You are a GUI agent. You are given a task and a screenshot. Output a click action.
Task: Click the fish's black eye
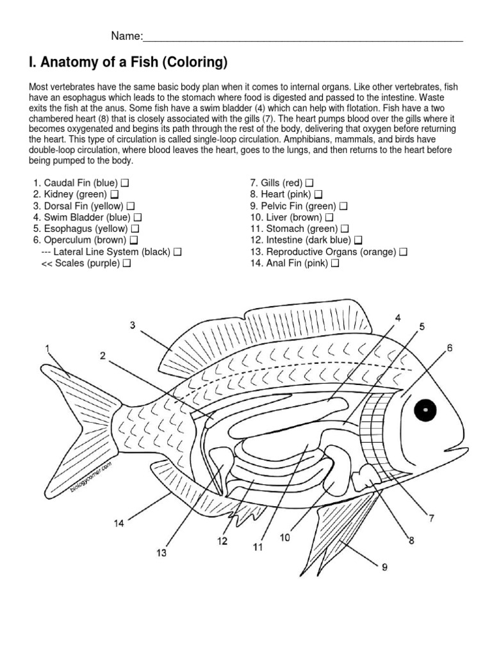click(424, 410)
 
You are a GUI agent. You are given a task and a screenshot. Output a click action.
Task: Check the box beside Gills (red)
click(310, 183)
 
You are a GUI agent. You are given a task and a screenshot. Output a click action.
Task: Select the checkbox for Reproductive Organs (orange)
click(402, 252)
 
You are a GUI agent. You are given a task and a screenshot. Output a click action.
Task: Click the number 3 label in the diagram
click(133, 325)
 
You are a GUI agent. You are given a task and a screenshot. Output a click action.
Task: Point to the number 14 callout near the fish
click(119, 523)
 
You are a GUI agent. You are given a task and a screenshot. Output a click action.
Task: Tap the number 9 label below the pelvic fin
click(384, 567)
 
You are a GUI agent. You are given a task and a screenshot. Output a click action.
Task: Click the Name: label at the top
click(126, 35)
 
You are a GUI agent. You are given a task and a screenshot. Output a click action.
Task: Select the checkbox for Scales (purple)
click(127, 263)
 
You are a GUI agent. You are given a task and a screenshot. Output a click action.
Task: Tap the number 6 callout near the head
click(450, 348)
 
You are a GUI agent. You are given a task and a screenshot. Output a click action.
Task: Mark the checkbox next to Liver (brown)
click(329, 217)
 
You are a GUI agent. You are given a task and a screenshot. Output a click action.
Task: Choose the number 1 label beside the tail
click(47, 348)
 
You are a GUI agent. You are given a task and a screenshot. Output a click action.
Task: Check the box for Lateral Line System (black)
click(177, 252)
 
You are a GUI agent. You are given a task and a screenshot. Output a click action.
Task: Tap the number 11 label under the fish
click(258, 547)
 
